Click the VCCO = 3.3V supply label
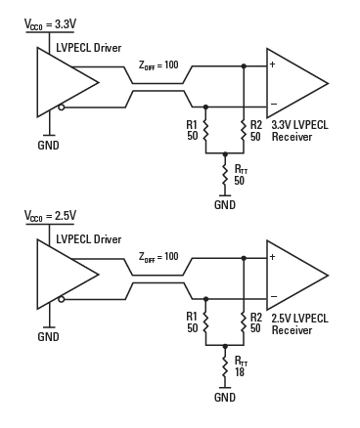[51, 24]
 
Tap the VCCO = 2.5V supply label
[51, 216]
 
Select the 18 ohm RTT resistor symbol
[224, 366]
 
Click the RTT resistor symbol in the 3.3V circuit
[224, 175]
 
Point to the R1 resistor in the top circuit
[205, 130]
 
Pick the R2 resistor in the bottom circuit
[244, 321]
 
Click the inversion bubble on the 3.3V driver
[62, 107]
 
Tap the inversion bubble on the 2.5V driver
[62, 299]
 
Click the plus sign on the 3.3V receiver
[272, 64]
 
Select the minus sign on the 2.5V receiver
[274, 296]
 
